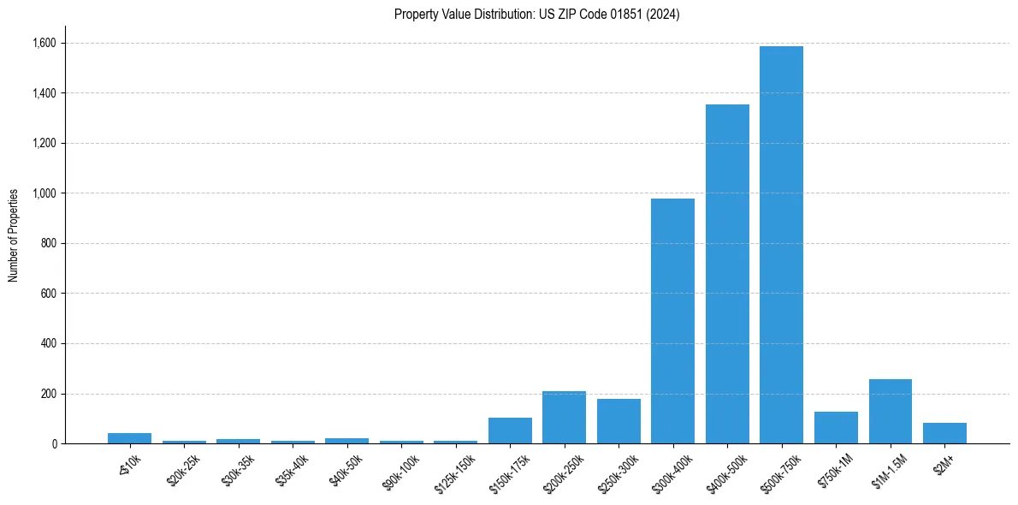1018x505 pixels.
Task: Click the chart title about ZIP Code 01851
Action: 536,15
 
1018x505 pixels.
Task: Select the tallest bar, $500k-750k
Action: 781,245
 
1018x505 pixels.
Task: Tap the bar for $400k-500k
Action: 727,274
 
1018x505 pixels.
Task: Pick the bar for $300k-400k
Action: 672,321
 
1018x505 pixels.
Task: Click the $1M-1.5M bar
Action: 890,412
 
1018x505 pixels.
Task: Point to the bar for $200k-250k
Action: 564,418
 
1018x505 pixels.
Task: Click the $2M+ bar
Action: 944,433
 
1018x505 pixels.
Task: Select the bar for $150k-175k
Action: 510,431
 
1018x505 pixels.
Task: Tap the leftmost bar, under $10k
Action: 129,438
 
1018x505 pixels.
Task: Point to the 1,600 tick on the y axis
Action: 44,43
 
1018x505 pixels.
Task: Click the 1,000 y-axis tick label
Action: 44,193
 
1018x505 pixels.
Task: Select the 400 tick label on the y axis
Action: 49,344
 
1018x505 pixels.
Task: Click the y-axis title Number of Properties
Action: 14,235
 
